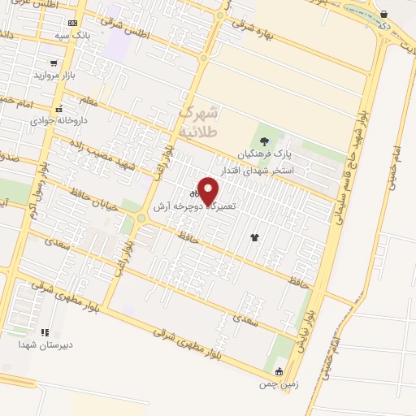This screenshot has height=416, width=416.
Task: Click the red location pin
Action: pos(209,191)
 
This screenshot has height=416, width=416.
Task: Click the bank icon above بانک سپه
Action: pos(73,23)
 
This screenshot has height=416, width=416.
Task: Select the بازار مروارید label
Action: pos(54,76)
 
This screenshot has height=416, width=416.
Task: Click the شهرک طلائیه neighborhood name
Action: pos(199,120)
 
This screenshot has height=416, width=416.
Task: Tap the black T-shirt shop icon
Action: pos(255,237)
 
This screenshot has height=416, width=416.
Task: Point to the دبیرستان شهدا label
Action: pos(46,344)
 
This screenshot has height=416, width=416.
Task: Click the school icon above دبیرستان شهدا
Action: pos(45,332)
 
